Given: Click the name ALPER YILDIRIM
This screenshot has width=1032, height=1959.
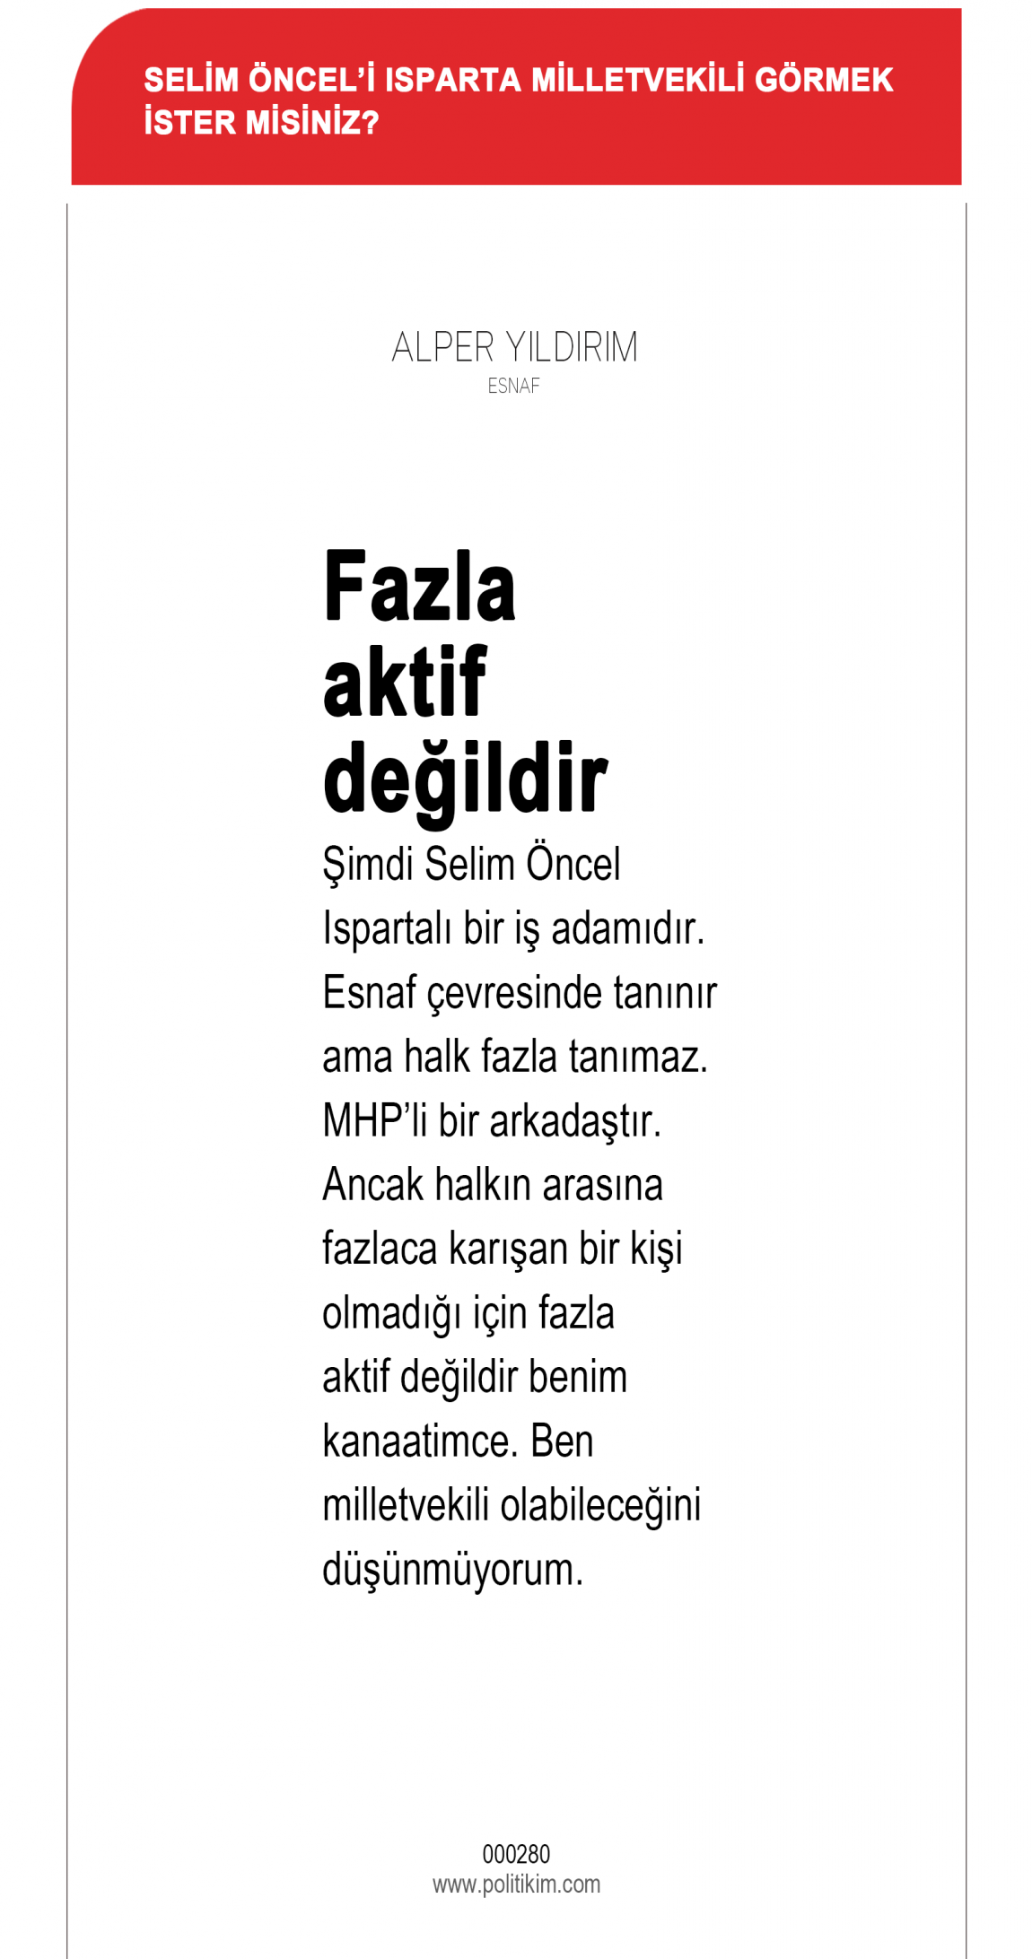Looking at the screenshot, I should point(514,347).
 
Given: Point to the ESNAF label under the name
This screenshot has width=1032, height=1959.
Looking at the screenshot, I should point(513,386).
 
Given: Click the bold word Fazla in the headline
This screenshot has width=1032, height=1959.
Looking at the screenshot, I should point(419,587).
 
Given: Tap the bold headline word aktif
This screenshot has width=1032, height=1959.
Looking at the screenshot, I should point(404,683).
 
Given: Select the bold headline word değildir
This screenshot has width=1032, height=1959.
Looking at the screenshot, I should point(465,779).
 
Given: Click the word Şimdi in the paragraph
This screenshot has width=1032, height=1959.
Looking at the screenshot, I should point(368,865).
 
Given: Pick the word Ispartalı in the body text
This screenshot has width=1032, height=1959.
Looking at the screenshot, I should point(387,928).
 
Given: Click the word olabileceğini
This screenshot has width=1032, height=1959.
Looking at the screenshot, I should point(599,1505).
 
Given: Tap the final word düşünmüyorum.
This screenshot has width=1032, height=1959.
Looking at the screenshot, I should point(452,1570).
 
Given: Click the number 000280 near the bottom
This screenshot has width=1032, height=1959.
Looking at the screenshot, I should point(516,1854).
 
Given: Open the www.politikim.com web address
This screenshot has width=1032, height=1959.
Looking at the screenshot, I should point(516,1884).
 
